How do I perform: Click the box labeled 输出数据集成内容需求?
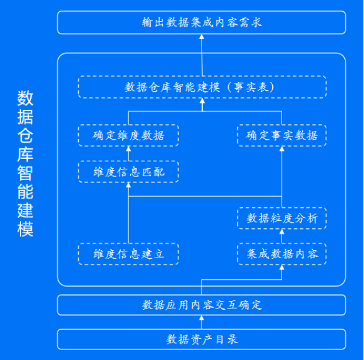202,22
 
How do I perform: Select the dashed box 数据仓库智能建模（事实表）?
202,87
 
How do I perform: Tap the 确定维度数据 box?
128,135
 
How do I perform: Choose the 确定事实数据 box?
282,135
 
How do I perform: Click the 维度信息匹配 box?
128,172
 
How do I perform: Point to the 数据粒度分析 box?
282,218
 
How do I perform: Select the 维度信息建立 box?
128,254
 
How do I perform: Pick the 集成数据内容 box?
282,254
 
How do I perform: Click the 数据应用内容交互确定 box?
202,305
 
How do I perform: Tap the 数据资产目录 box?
202,340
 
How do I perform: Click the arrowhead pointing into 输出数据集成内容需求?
202,37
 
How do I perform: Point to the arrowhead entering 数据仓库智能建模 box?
202,101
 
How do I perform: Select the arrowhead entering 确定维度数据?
128,149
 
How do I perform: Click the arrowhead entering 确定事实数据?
282,149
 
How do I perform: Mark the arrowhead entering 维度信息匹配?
128,185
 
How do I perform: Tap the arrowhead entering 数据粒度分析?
282,232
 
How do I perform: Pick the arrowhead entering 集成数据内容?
282,268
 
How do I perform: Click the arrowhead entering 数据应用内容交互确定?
202,318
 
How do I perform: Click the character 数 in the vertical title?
25,98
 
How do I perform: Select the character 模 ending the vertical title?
25,230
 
